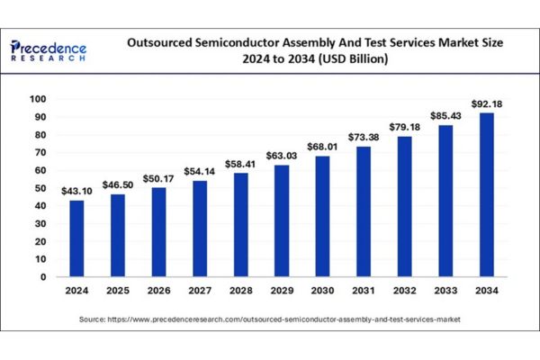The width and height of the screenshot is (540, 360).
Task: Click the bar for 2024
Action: coord(76,238)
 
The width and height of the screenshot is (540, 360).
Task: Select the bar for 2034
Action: coord(486,194)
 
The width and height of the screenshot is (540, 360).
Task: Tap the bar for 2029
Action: coord(282,220)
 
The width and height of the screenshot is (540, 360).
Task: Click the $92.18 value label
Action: coord(486,104)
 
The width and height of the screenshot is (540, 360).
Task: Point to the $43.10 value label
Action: coord(76,192)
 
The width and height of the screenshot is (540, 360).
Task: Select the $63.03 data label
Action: coord(282,156)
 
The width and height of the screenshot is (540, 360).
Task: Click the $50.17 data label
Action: coord(158,179)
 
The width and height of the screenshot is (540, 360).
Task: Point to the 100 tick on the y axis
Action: coord(38,99)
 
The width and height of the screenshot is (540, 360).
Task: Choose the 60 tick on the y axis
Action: coord(40,170)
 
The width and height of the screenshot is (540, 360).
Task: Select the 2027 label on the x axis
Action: coord(200,291)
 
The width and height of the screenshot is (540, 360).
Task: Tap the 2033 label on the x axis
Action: coord(445,291)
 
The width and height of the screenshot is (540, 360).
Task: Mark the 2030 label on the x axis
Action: coord(322,291)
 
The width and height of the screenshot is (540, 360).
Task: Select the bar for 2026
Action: coord(158,232)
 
